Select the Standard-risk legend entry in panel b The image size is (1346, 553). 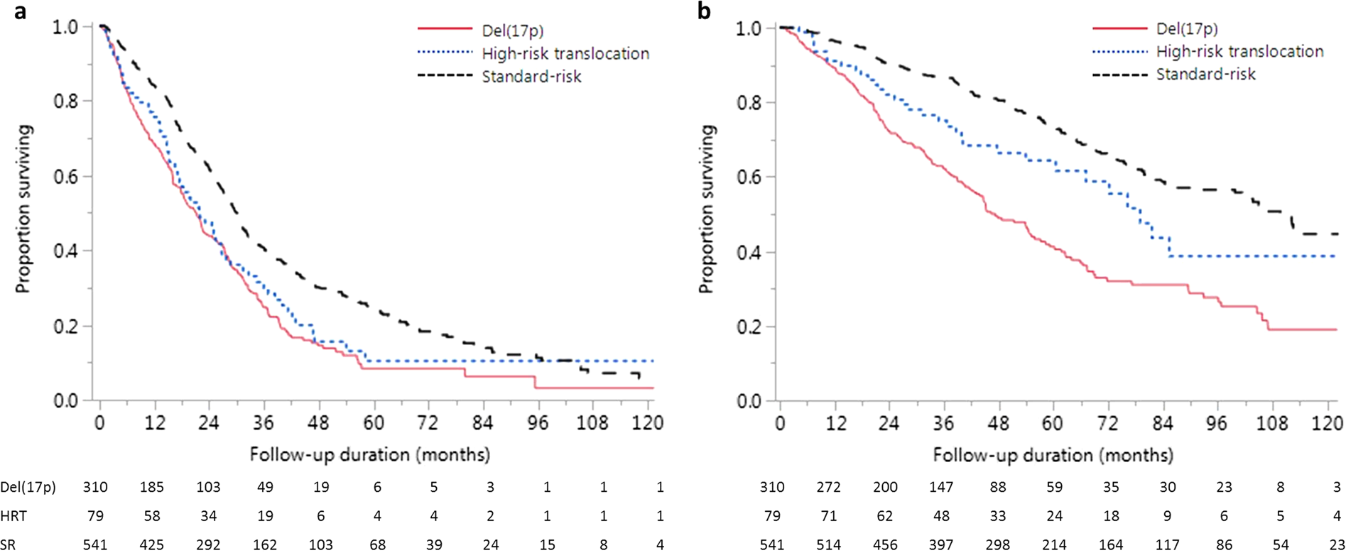tap(1205, 75)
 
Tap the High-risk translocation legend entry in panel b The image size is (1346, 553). tap(1239, 52)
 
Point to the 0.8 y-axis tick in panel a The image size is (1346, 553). tap(66, 102)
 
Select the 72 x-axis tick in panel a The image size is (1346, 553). tap(428, 423)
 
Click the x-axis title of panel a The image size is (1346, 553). tap(369, 454)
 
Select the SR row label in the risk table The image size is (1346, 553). tap(9, 544)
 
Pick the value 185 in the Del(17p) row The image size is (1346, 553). tap(151, 488)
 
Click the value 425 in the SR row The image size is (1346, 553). tap(151, 544)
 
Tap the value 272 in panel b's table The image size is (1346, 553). tap(829, 488)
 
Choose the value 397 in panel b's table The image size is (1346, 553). tap(942, 544)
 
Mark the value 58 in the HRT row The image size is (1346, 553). tap(151, 516)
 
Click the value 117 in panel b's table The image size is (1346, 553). tap(1167, 544)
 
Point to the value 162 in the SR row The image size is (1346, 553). tap(264, 544)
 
